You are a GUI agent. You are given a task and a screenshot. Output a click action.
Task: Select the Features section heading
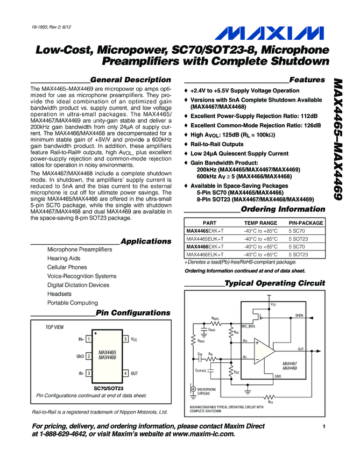click(x=307, y=80)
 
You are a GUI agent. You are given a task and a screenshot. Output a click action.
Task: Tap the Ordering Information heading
click(x=283, y=209)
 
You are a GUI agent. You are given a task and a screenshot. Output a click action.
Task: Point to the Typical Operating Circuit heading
click(x=274, y=283)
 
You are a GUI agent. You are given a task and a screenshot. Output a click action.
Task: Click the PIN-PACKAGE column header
click(x=306, y=223)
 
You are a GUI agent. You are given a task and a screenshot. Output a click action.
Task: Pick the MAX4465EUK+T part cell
click(x=206, y=238)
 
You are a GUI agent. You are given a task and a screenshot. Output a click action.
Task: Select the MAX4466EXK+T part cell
click(x=206, y=246)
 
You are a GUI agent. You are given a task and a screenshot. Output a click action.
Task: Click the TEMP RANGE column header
click(x=260, y=223)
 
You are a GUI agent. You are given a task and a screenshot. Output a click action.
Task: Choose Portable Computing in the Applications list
click(x=73, y=303)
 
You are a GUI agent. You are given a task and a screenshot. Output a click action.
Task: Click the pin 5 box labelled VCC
click(x=125, y=339)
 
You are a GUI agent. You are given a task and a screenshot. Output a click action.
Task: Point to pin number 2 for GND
click(x=88, y=356)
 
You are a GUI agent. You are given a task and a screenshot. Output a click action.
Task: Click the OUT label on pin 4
click(x=135, y=373)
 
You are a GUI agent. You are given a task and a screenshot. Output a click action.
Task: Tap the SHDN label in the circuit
click(x=300, y=315)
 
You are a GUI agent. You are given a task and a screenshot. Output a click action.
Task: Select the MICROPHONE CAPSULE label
click(x=207, y=390)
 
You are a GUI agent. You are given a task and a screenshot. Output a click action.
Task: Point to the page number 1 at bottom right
click(x=325, y=426)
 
